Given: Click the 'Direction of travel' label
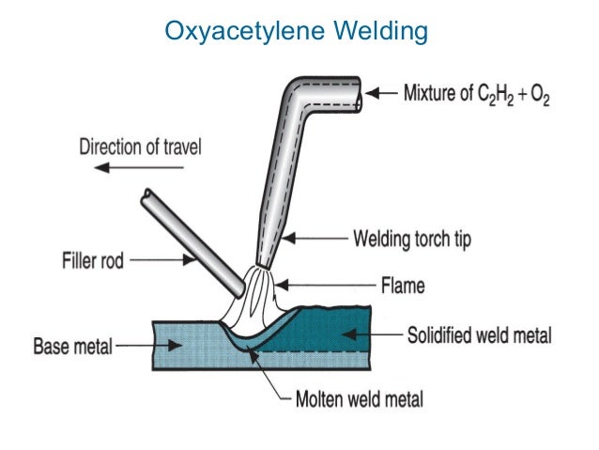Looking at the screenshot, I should point(140,147).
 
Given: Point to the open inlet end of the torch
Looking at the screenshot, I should point(359,93).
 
